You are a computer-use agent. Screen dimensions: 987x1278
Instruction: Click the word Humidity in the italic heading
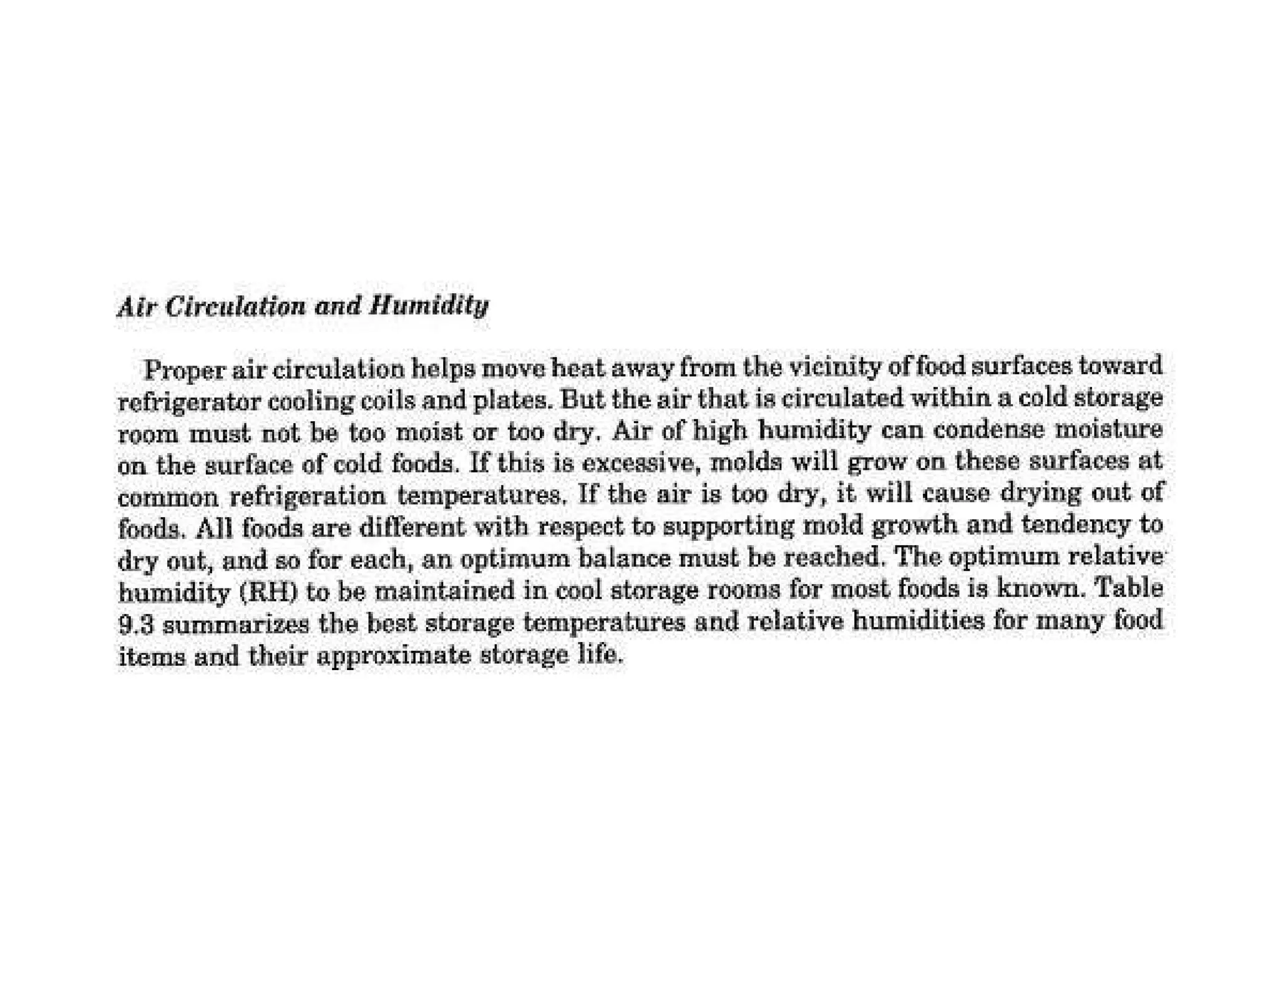point(429,306)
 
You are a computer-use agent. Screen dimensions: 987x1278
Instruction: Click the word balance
point(625,557)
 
